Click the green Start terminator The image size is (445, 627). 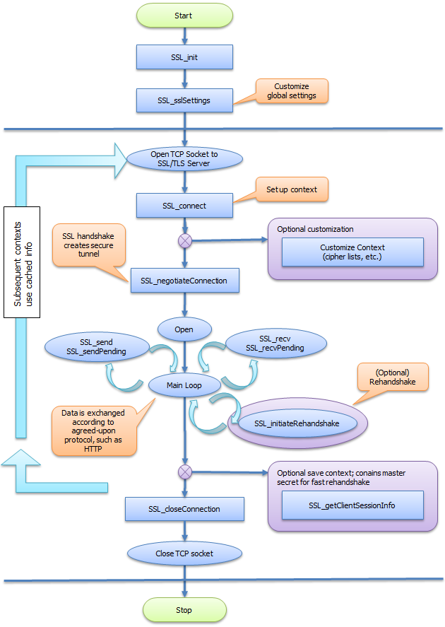(184, 15)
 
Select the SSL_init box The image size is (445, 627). (184, 57)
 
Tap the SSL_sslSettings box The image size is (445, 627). (184, 100)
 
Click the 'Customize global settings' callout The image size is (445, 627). (291, 90)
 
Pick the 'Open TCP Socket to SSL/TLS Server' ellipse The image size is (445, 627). (184, 158)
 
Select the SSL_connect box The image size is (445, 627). (184, 206)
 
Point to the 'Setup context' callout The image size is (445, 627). (291, 190)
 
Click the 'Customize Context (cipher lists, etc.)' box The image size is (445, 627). (352, 252)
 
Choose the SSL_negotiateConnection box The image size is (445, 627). (184, 281)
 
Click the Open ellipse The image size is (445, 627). (184, 329)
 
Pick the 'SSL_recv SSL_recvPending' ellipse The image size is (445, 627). (276, 344)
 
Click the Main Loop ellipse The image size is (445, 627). (184, 385)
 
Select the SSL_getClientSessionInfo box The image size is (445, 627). (352, 505)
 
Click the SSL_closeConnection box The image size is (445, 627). (184, 509)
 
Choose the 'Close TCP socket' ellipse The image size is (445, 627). (184, 553)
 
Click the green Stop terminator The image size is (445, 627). (184, 609)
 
